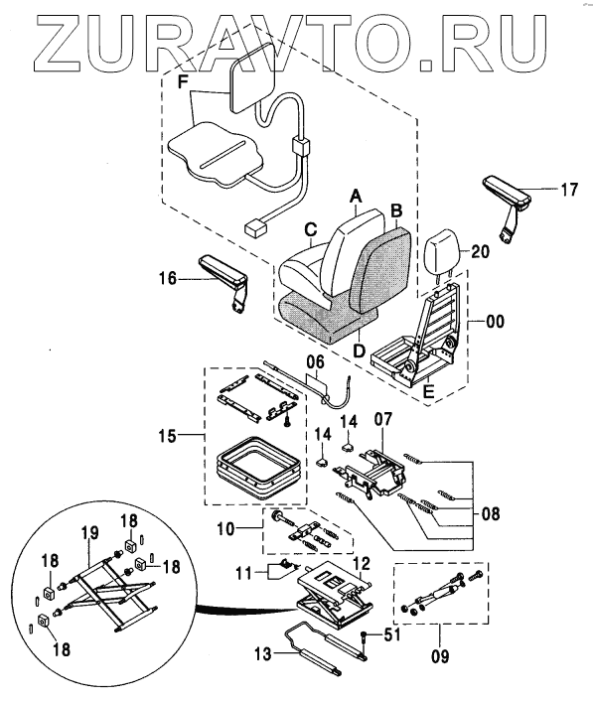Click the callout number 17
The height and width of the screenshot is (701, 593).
click(569, 190)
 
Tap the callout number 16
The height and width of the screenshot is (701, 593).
click(168, 279)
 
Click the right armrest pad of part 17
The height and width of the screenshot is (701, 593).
click(506, 193)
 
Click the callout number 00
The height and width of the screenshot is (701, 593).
click(495, 322)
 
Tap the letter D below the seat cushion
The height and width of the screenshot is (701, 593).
click(359, 350)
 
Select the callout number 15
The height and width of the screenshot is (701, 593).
click(167, 435)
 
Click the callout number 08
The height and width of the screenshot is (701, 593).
click(490, 513)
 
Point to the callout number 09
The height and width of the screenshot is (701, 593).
click(440, 656)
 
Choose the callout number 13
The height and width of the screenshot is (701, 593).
click(263, 655)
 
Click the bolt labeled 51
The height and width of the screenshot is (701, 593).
click(365, 636)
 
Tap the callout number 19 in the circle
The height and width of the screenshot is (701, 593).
click(89, 533)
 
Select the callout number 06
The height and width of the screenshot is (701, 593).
click(316, 362)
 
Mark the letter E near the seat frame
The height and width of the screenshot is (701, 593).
click(428, 392)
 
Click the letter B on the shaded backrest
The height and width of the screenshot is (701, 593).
click(396, 210)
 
